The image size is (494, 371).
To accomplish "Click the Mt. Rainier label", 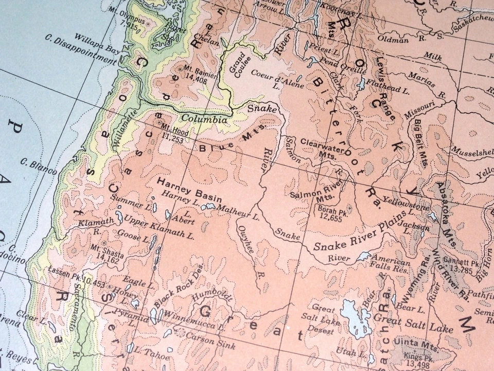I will click(x=195, y=71).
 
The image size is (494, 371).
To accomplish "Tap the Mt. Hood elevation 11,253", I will click(x=173, y=135).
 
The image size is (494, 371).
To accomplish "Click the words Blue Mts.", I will click(x=232, y=139).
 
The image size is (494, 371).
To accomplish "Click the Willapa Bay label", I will click(x=96, y=43).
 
